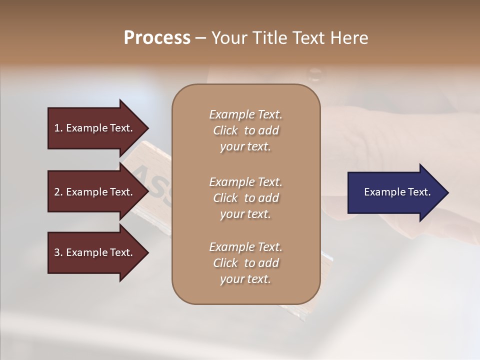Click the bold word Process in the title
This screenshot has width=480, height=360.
click(x=157, y=38)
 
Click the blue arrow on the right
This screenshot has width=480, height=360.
click(x=395, y=192)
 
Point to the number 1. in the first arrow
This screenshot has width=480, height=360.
click(x=58, y=128)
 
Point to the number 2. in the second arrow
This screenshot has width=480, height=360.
click(x=58, y=192)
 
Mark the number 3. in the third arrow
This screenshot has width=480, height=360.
click(x=58, y=252)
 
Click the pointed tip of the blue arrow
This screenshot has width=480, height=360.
click(x=446, y=192)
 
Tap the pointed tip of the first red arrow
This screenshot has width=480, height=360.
click(x=146, y=128)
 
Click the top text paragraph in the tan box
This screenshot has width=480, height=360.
click(x=245, y=130)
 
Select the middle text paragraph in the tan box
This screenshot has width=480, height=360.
click(x=245, y=198)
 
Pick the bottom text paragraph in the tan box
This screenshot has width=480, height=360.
click(x=245, y=263)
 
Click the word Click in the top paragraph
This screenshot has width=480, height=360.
click(x=225, y=130)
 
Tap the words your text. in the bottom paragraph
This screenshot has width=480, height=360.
click(x=245, y=279)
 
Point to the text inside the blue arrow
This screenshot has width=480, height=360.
click(x=397, y=192)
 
